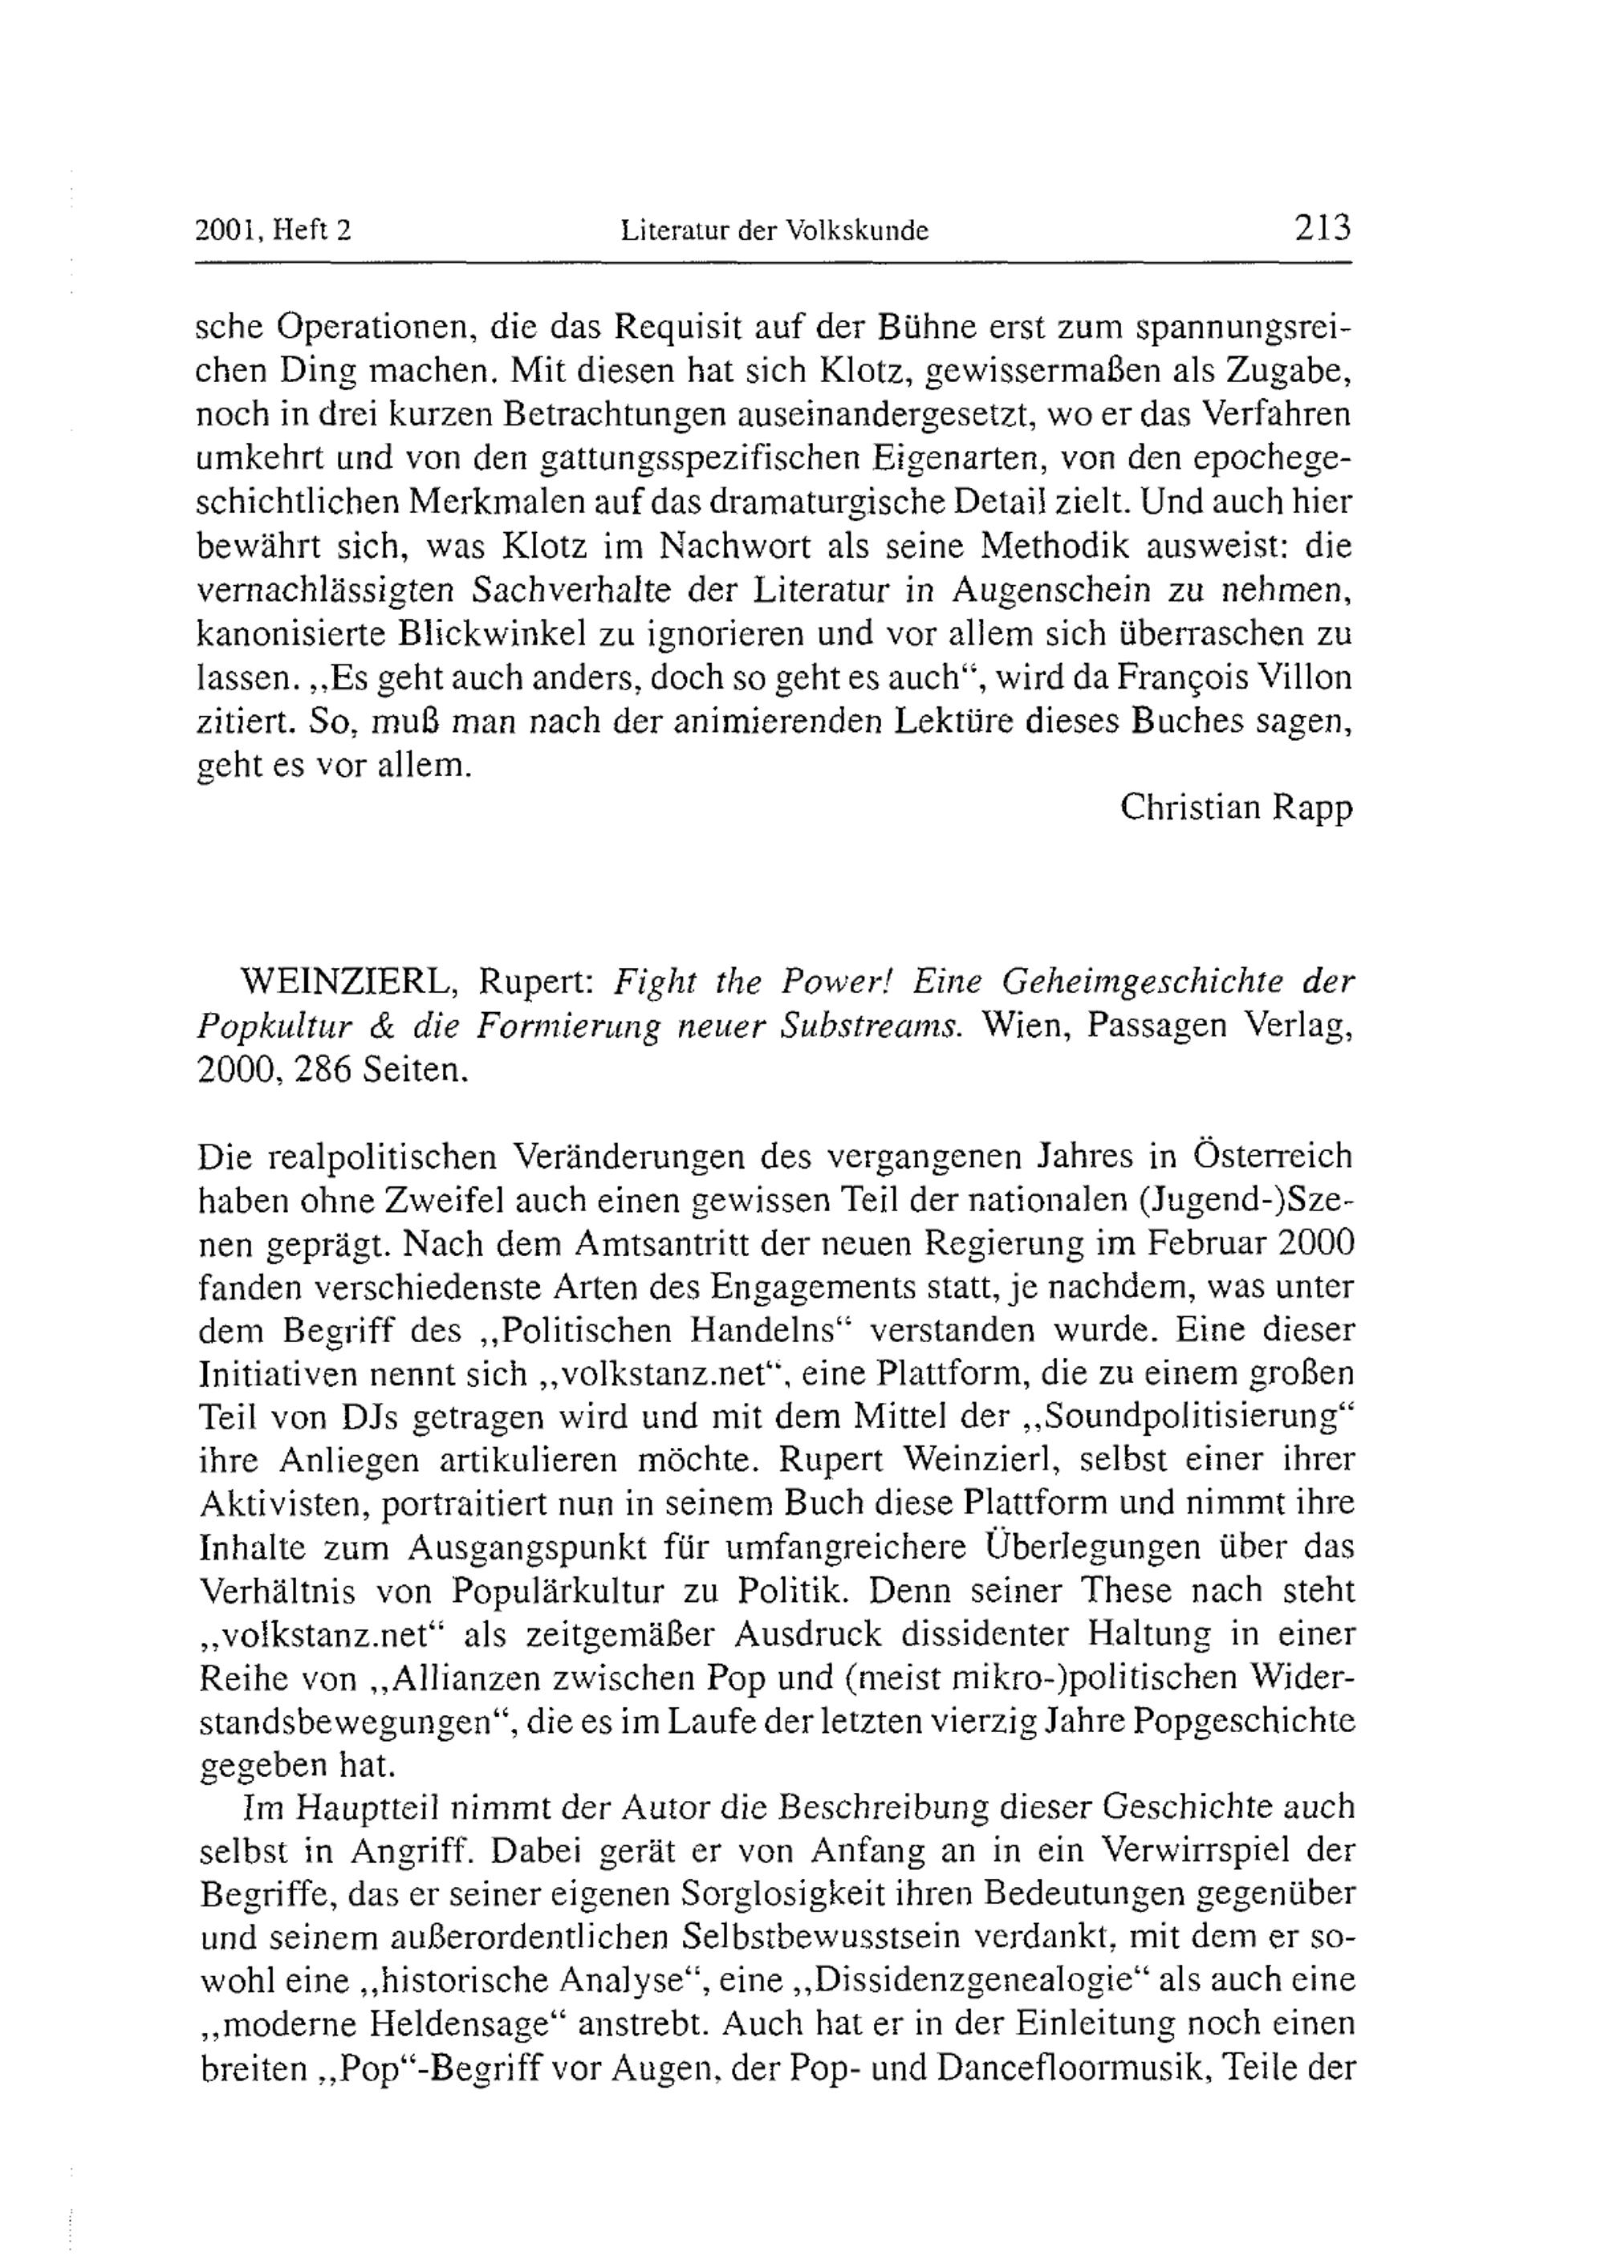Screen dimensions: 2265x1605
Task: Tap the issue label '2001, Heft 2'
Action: pos(274,231)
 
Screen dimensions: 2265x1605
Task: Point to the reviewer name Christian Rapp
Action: pos(1235,807)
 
